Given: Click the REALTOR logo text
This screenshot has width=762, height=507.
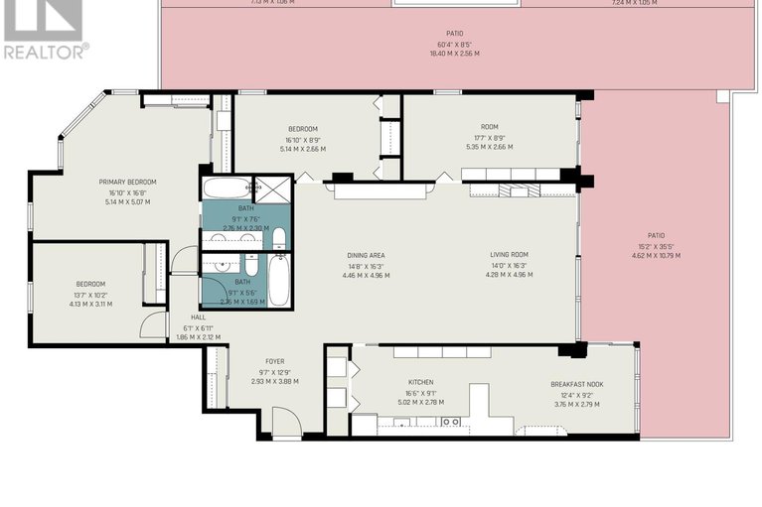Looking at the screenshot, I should click(45, 51).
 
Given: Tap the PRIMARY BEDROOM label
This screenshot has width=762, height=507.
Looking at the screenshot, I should click(127, 182).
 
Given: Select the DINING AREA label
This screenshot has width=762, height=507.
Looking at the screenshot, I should click(366, 255).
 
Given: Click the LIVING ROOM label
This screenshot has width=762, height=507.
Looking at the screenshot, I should click(508, 255).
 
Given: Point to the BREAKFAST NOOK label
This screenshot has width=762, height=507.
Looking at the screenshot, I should click(577, 384).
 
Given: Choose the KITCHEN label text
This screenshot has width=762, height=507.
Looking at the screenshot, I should click(420, 382).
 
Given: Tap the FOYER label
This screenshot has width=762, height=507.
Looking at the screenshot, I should click(274, 361).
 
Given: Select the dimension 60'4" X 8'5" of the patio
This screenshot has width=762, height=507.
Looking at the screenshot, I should click(454, 44).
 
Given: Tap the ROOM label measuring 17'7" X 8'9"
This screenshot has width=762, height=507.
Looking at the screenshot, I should click(488, 138).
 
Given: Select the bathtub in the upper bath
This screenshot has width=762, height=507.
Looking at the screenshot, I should click(227, 189).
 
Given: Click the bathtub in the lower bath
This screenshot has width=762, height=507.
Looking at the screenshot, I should click(279, 281).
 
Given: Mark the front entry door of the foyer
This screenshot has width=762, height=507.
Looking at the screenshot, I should click(286, 424).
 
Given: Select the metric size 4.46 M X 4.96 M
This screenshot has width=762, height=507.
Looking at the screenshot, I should click(366, 275).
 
